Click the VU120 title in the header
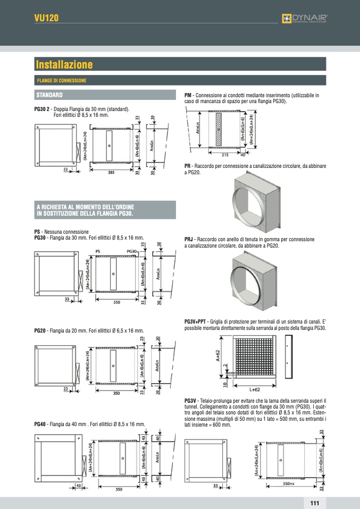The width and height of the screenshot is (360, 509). click(x=46, y=18)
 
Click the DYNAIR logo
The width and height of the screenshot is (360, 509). click(x=305, y=19)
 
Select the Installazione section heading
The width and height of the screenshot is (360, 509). click(x=64, y=65)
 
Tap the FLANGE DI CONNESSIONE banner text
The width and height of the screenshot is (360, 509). click(x=62, y=81)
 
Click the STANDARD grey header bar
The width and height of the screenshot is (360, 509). click(x=104, y=95)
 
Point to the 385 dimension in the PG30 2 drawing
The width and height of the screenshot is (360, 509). click(x=111, y=172)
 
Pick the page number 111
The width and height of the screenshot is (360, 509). click(x=314, y=503)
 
